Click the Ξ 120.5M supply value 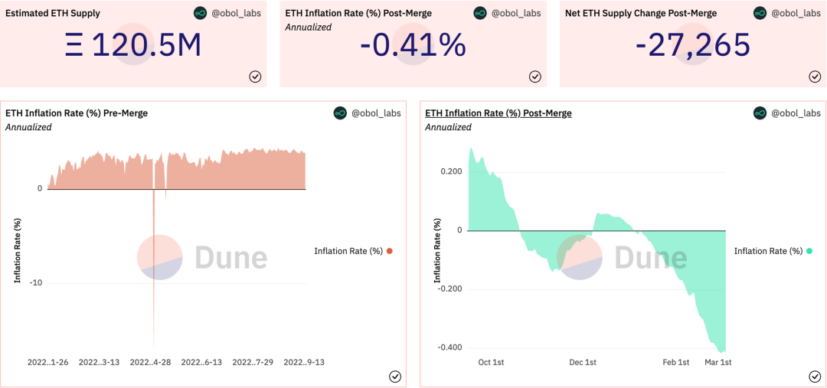tap(134, 46)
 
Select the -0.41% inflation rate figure tap(413, 46)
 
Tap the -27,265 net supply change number tap(693, 46)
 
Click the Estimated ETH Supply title tap(53, 13)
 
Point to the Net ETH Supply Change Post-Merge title tap(641, 13)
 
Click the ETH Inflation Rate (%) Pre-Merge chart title tap(77, 113)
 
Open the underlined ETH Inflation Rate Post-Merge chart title tap(498, 113)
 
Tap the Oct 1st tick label tap(491, 362)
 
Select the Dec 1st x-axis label tap(583, 362)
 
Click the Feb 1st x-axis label tap(676, 362)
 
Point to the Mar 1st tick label tap(718, 362)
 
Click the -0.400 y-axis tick tap(449, 347)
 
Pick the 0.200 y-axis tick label tap(451, 171)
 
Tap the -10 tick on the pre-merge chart tap(36, 283)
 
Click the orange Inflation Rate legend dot tap(390, 251)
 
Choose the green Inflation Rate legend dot tap(809, 251)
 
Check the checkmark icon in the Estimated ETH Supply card tap(256, 76)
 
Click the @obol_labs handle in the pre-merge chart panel tap(372, 113)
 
